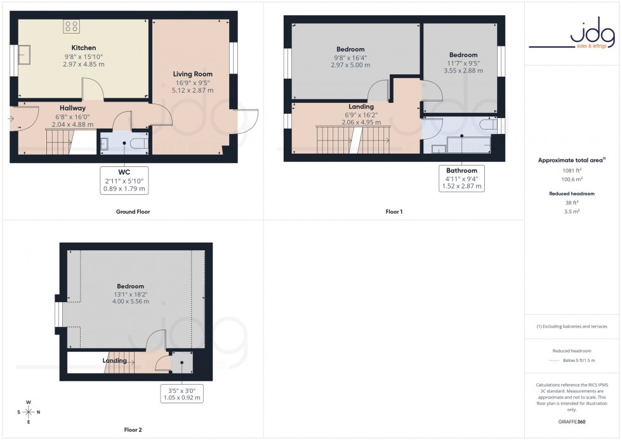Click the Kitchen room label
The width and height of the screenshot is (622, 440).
point(84,48)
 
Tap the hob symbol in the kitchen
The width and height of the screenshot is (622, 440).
point(72,27)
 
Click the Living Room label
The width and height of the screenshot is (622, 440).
point(192,74)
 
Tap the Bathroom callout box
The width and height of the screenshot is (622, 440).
point(461,178)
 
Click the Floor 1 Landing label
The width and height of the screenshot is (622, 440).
point(361,107)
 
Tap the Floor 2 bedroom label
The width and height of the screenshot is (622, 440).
point(130,286)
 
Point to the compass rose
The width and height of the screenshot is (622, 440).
point(29,411)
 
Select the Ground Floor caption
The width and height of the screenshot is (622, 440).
point(133,211)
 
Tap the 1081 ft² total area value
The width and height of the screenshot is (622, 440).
point(572,170)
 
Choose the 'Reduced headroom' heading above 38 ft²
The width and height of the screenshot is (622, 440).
point(572,194)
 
